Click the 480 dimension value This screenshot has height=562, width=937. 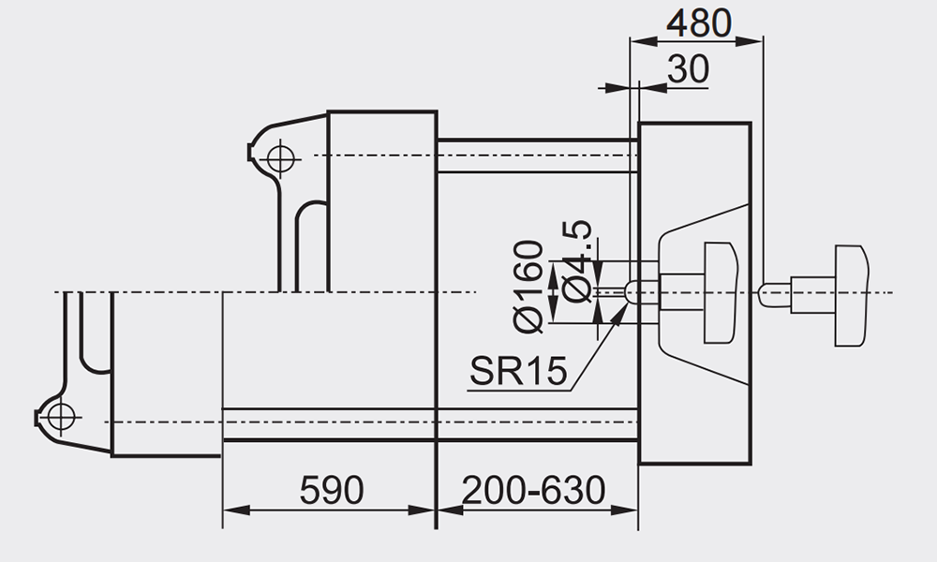(699, 24)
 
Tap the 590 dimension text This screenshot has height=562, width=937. (332, 490)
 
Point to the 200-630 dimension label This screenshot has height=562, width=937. (534, 490)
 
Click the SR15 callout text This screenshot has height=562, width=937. (518, 371)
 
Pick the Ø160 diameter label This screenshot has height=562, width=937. (528, 286)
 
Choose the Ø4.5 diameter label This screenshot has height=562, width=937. (577, 261)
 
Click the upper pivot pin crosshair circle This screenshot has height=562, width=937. (281, 159)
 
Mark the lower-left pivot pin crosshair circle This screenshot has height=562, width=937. (61, 416)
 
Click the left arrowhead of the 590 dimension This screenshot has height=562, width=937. (237, 510)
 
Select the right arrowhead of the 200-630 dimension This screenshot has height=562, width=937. (624, 510)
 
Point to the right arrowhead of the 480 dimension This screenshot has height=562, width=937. (750, 40)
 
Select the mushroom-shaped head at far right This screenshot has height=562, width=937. (851, 296)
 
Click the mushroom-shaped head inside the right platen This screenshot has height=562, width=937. (720, 293)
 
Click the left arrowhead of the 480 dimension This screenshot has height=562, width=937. (645, 40)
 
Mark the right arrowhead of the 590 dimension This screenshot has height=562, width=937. (422, 510)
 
